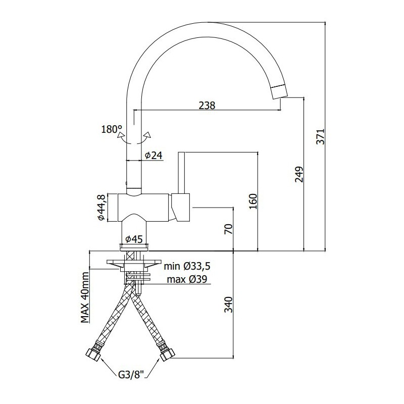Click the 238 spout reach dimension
click(x=207, y=105)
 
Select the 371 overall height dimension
click(x=321, y=136)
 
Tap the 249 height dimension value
click(x=299, y=174)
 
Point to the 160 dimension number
click(x=253, y=201)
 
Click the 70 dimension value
click(x=228, y=229)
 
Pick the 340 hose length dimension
click(x=228, y=305)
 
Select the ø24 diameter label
click(x=154, y=155)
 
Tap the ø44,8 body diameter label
click(x=102, y=208)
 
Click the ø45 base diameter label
click(x=134, y=239)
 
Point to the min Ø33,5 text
click(x=187, y=266)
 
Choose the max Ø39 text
click(x=187, y=279)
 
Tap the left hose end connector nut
click(x=93, y=356)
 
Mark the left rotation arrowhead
click(x=120, y=135)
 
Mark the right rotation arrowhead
click(x=147, y=135)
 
